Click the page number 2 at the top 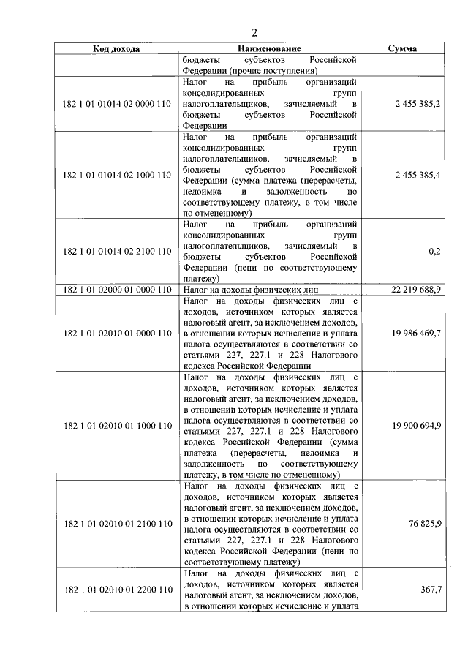254,31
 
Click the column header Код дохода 117,49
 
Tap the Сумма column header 402,49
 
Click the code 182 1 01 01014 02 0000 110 117,105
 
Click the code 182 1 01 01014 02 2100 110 117,252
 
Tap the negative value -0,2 432,252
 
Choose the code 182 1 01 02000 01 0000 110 117,290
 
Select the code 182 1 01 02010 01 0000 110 117,333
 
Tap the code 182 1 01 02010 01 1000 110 117,425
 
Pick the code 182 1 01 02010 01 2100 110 117,524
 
